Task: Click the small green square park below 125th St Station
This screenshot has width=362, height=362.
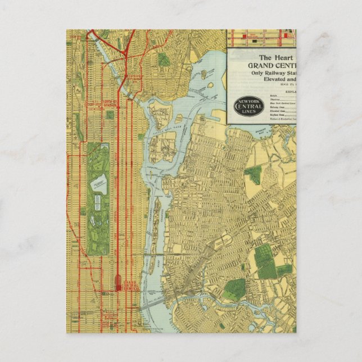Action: coord(110,114)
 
